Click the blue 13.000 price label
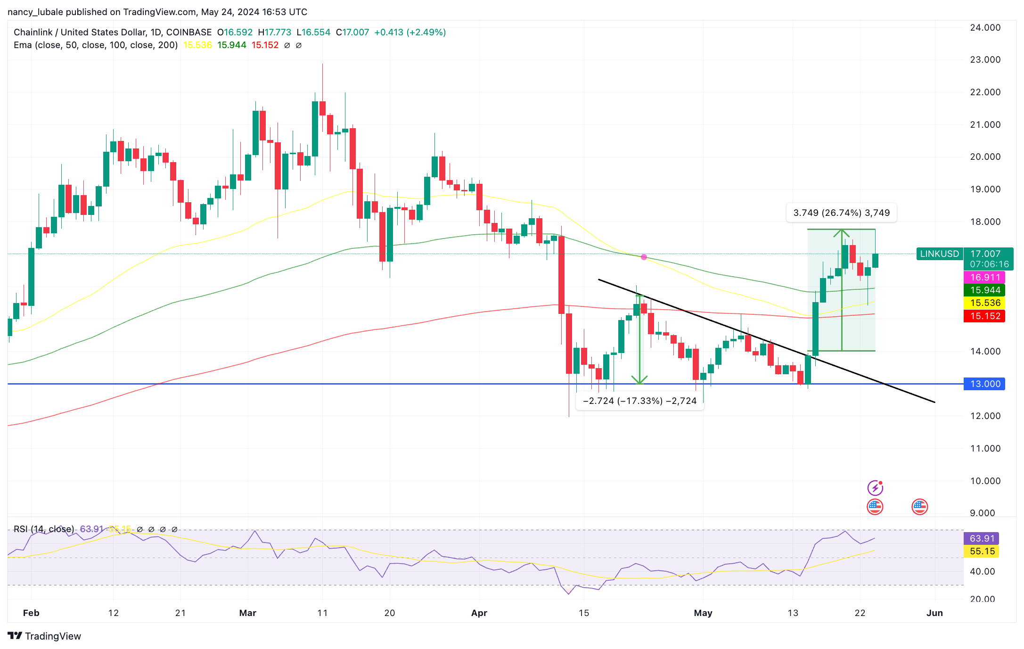pyautogui.click(x=984, y=384)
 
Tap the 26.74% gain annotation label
pyautogui.click(x=841, y=213)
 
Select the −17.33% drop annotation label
pyautogui.click(x=639, y=401)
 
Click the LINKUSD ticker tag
pyautogui.click(x=939, y=254)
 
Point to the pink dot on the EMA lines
pyautogui.click(x=644, y=257)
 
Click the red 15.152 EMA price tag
pyautogui.click(x=984, y=316)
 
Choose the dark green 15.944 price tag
pyautogui.click(x=984, y=290)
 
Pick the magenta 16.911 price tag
pyautogui.click(x=984, y=277)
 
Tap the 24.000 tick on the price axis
pyautogui.click(x=985, y=27)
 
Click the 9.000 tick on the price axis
pyautogui.click(x=985, y=513)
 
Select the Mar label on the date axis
pyautogui.click(x=247, y=613)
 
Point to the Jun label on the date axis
pyautogui.click(x=934, y=613)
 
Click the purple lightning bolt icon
pyautogui.click(x=875, y=487)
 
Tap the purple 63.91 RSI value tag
pyautogui.click(x=982, y=538)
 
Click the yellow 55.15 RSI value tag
pyautogui.click(x=982, y=551)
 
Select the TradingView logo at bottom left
pyautogui.click(x=44, y=636)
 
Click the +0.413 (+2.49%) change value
pyautogui.click(x=410, y=32)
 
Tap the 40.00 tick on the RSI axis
pyautogui.click(x=982, y=571)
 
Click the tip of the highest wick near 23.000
pyautogui.click(x=322, y=65)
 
